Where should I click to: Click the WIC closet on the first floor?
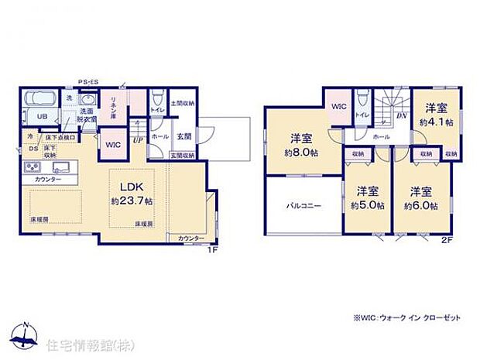111,144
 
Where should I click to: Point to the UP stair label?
138,140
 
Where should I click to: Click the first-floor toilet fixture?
157,99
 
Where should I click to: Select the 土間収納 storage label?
183,103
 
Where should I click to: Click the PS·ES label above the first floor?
87,79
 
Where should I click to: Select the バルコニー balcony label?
303,206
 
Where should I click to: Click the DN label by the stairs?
402,116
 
